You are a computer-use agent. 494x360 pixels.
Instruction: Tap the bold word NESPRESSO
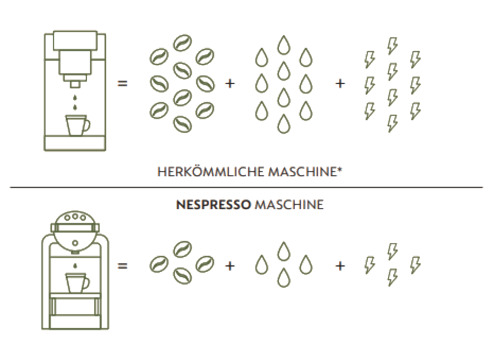(213, 205)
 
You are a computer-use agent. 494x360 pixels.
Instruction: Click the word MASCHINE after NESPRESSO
(289, 205)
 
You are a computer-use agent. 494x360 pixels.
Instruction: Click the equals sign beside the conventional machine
(122, 83)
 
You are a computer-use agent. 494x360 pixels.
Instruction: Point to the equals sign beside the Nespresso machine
(122, 266)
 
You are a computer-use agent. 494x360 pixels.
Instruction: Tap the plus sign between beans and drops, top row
(230, 84)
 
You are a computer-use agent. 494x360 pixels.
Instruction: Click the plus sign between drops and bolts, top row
(340, 84)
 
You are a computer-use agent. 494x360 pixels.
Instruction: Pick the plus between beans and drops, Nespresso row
(230, 266)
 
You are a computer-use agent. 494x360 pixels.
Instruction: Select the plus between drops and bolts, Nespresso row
(340, 266)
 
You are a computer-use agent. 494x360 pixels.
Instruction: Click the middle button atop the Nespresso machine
(75, 216)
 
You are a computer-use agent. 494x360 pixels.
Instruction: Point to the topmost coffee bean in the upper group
(182, 43)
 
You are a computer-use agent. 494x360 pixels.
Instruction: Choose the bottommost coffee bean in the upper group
(182, 124)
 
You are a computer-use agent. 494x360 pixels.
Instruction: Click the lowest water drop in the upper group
(284, 124)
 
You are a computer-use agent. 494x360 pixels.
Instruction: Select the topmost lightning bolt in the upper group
(393, 46)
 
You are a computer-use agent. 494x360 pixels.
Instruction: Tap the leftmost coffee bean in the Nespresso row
(159, 264)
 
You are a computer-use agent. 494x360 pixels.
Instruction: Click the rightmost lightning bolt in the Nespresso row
(415, 265)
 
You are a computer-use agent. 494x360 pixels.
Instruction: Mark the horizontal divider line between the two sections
(246, 187)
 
